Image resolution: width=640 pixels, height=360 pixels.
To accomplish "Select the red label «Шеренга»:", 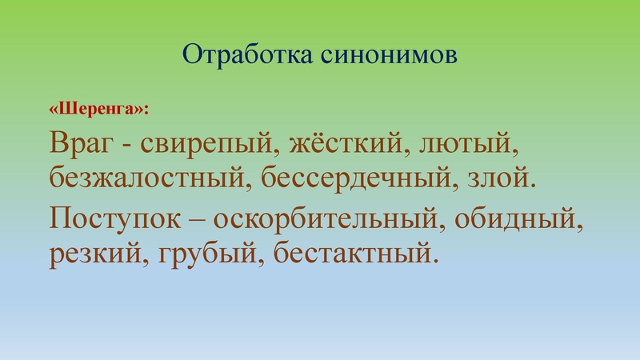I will pos(99,106).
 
